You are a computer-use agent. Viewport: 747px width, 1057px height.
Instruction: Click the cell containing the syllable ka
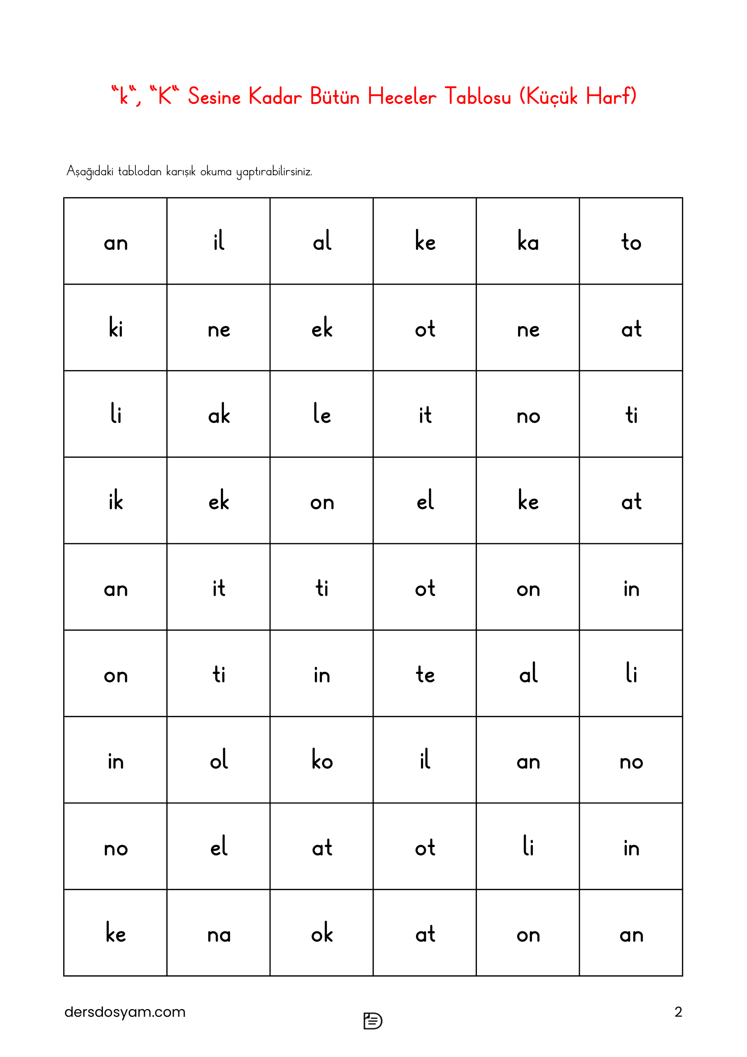(x=528, y=241)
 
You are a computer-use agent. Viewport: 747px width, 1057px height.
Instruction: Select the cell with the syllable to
(x=630, y=241)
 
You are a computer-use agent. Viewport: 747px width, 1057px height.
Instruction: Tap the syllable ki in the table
(x=116, y=328)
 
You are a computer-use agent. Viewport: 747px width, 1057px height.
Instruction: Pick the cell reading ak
(x=219, y=414)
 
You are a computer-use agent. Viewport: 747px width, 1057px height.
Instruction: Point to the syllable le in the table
(x=322, y=414)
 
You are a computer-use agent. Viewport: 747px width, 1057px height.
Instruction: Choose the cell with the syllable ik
(x=116, y=500)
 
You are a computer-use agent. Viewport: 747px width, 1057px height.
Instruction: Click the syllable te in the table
(x=425, y=674)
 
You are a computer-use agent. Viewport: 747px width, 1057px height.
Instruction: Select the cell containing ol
(x=219, y=760)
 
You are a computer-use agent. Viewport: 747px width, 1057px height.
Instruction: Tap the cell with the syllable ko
(x=322, y=760)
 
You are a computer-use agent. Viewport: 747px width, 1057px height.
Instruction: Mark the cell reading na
(x=219, y=933)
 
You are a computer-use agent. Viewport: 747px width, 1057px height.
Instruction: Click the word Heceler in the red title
(x=402, y=97)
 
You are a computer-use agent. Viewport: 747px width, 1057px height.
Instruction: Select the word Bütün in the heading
(x=334, y=97)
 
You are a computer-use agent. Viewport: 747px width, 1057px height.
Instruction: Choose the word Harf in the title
(x=607, y=97)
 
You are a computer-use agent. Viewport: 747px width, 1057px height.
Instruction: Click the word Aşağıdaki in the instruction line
(x=90, y=171)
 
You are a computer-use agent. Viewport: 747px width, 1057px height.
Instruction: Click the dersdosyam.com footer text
(x=125, y=1011)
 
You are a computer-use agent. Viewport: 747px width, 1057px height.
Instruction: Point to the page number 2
(x=678, y=1011)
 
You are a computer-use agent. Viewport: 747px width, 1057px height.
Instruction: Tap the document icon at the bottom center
(x=373, y=1021)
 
